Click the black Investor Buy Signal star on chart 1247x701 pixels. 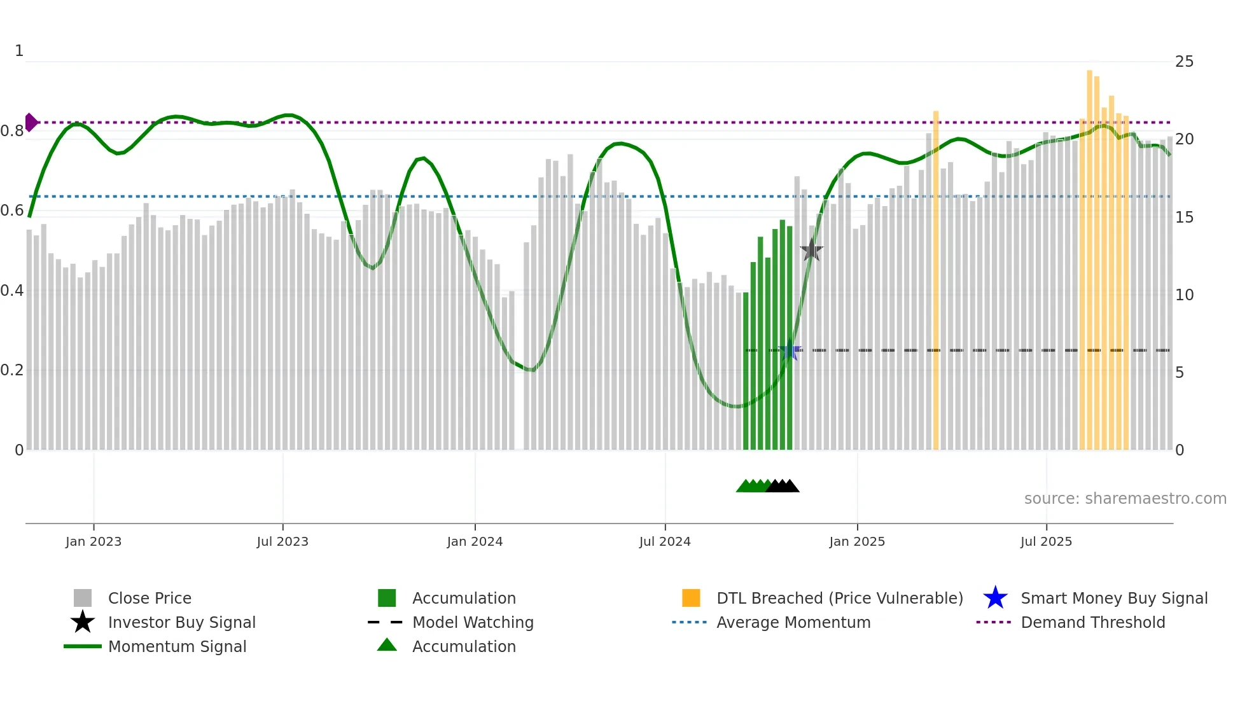811,251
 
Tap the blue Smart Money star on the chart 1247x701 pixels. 790,350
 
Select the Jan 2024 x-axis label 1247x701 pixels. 475,541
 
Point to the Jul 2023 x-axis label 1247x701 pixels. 282,541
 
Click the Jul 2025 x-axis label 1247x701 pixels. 1046,541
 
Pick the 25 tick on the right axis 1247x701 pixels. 1184,62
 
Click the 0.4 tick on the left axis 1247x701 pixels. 12,291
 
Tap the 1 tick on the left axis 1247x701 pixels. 19,51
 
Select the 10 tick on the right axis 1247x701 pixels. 1184,295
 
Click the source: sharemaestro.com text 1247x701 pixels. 1125,499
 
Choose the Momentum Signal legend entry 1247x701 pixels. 177,646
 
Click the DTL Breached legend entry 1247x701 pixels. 839,598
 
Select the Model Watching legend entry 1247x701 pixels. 472,622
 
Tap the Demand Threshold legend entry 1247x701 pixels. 1092,622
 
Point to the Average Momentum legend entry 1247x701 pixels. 793,622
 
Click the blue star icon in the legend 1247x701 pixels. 995,598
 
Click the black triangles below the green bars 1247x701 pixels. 783,487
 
